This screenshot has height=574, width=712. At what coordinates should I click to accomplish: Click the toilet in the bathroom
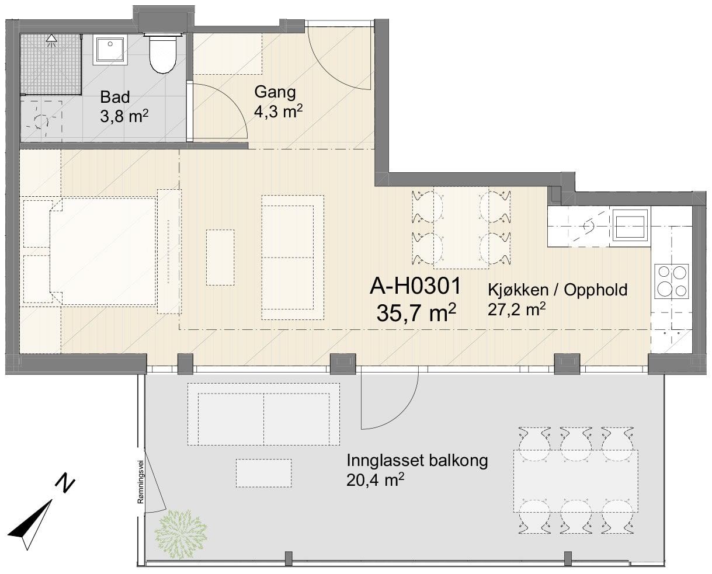163,53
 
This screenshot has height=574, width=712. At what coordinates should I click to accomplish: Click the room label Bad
115,98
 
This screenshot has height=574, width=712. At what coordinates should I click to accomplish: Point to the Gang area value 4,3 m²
278,112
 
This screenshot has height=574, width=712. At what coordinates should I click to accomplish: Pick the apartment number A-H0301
415,286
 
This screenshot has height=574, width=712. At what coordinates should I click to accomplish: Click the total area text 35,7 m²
416,312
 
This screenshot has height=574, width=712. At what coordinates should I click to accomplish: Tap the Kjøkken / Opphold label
557,290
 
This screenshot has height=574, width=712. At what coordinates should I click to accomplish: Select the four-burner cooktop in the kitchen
672,281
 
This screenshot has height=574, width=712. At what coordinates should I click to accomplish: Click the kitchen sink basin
631,225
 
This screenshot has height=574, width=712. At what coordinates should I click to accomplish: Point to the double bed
103,251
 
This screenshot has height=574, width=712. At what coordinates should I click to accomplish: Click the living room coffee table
220,258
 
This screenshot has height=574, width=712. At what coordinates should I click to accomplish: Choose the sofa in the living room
293,258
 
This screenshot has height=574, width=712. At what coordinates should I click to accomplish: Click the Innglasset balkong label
417,461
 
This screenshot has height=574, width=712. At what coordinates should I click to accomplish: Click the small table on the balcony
263,473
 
